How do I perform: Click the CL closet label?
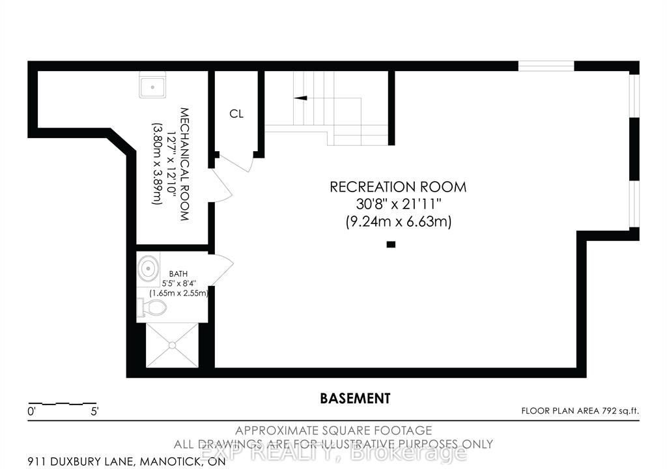pyautogui.click(x=236, y=113)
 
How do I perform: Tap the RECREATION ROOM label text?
pyautogui.click(x=398, y=187)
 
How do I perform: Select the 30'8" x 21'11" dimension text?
pyautogui.click(x=398, y=204)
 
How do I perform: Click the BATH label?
pyautogui.click(x=178, y=274)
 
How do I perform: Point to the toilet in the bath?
pyautogui.click(x=151, y=307)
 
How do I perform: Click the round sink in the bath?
pyautogui.click(x=148, y=268)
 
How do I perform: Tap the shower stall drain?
pyautogui.click(x=172, y=345)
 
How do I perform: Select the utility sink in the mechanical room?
pyautogui.click(x=152, y=85)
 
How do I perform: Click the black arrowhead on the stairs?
pyautogui.click(x=300, y=98)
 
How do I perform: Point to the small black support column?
pyautogui.click(x=391, y=244)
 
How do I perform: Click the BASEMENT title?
pyautogui.click(x=355, y=398)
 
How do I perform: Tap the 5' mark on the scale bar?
pyautogui.click(x=94, y=412)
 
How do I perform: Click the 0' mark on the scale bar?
pyautogui.click(x=31, y=412)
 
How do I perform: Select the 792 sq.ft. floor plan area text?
pyautogui.click(x=620, y=410)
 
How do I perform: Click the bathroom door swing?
pyautogui.click(x=221, y=270)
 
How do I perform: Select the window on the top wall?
pyautogui.click(x=546, y=66)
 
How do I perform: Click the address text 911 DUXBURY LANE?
pyautogui.click(x=81, y=462)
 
